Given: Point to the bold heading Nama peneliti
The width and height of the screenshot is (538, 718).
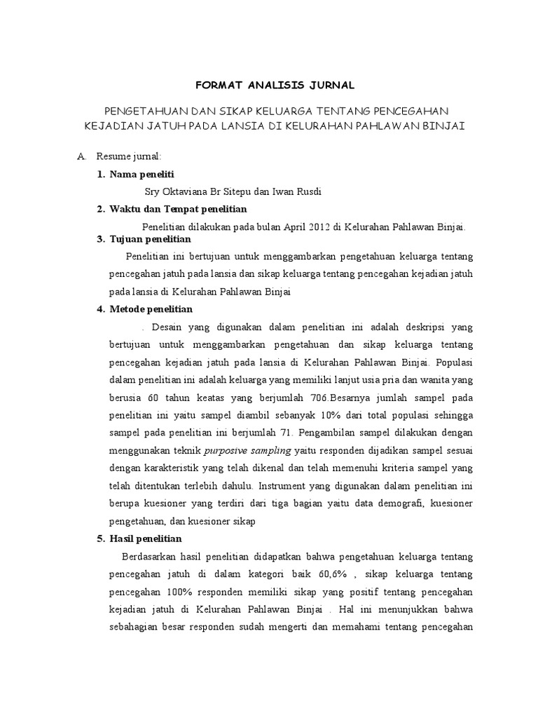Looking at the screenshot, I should tap(142, 174).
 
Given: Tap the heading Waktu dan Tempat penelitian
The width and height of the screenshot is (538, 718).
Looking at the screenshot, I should tap(178, 209).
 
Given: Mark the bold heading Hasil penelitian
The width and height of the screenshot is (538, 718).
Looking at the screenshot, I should tap(146, 538).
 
